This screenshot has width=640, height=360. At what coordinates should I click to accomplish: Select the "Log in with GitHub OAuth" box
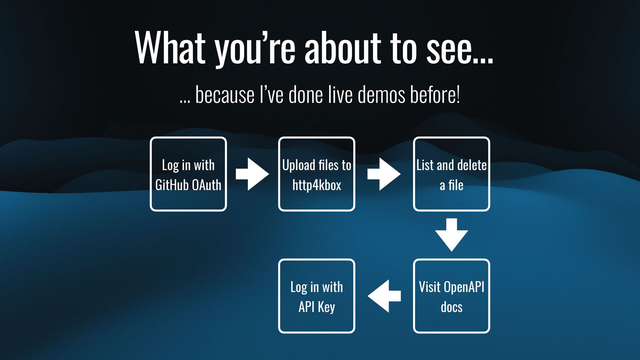(188, 174)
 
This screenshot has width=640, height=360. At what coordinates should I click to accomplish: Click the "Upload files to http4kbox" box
(317, 174)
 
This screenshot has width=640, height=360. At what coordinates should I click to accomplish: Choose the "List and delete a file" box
(452, 174)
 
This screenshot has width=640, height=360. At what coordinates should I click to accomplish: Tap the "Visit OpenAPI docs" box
(452, 296)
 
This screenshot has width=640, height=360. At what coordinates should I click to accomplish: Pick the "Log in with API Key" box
(317, 296)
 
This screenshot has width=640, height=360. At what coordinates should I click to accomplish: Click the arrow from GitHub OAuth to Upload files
(252, 174)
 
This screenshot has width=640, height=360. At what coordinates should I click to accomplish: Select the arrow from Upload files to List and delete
(384, 174)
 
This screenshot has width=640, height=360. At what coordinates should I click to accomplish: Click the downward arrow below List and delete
(452, 235)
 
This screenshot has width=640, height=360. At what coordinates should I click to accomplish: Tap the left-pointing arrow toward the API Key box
(384, 296)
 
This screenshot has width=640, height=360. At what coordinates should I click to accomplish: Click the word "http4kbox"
(317, 185)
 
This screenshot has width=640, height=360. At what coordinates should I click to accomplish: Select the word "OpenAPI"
(464, 287)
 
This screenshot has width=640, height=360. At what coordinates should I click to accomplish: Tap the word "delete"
(472, 165)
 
